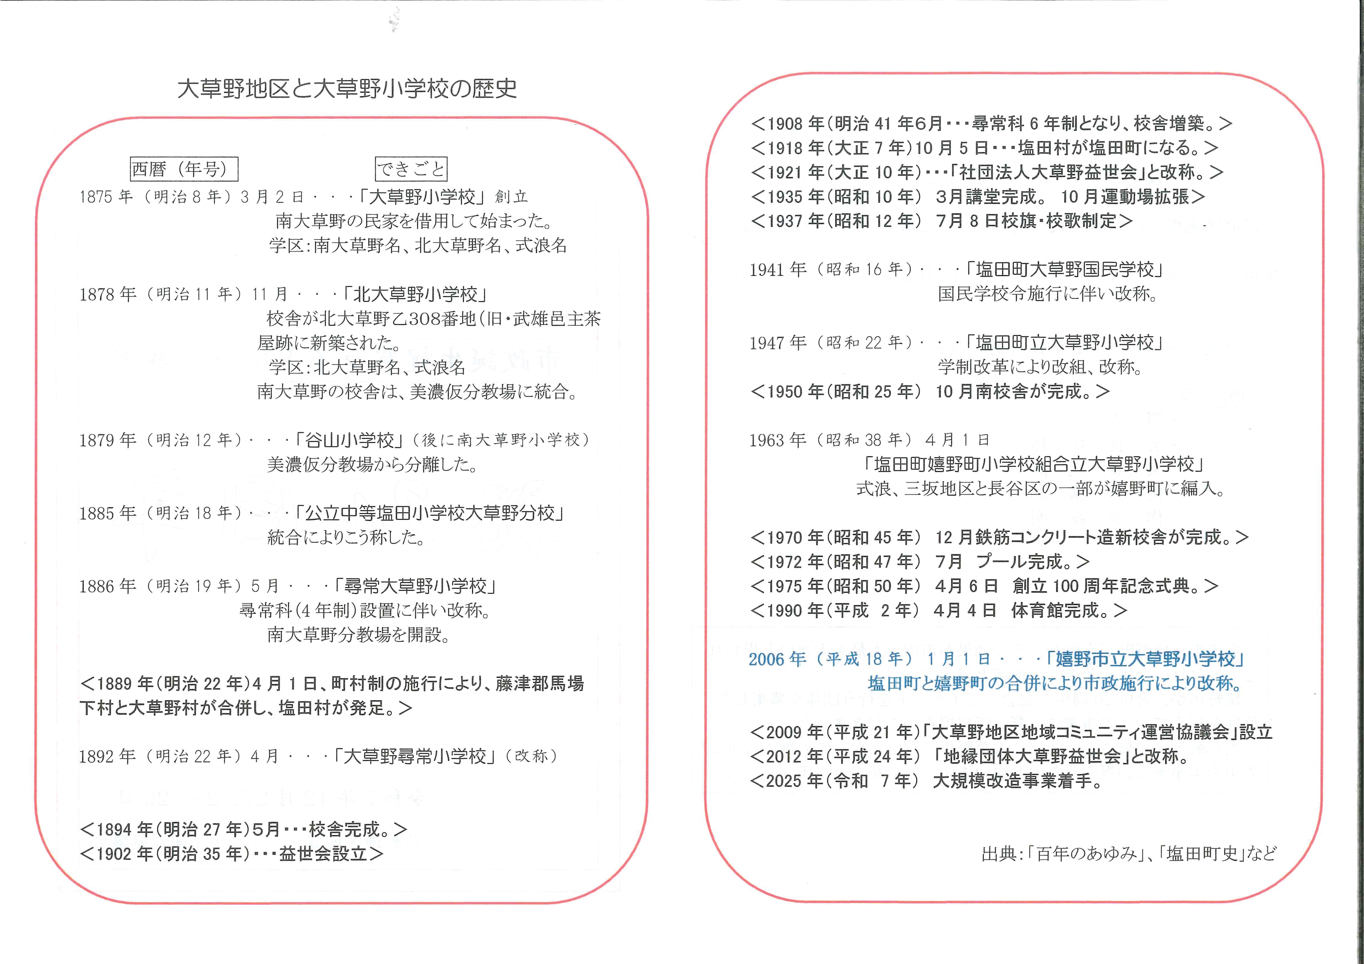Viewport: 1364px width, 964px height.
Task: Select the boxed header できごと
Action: [411, 169]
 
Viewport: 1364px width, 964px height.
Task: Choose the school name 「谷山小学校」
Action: [349, 440]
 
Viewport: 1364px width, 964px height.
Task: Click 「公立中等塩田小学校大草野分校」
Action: [430, 514]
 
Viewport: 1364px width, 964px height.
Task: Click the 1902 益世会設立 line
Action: [232, 854]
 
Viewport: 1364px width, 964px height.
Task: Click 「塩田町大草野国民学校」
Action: [1063, 270]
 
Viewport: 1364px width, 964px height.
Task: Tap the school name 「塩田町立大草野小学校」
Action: [1063, 343]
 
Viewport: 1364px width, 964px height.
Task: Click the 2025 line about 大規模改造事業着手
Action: [927, 781]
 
